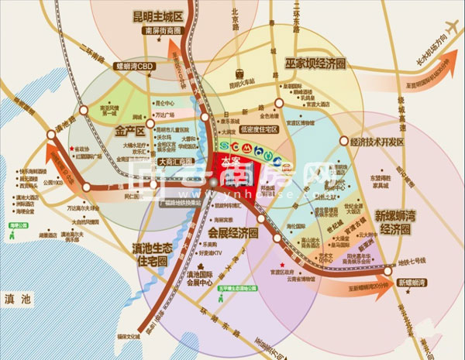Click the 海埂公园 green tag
12,225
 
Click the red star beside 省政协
72,149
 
